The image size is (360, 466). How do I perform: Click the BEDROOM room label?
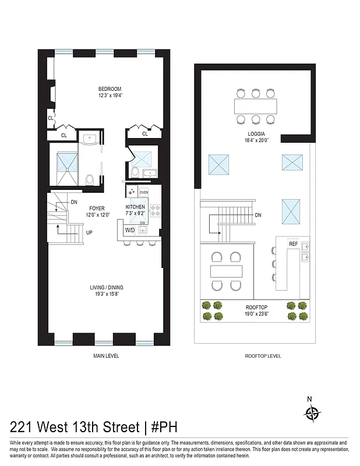[110, 89]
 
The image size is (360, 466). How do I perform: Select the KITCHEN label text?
[135, 207]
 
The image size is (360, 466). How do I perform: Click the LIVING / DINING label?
[106, 287]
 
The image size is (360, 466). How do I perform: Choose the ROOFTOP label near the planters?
[256, 308]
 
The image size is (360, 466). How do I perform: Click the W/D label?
[129, 230]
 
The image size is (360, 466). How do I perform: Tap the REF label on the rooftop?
[293, 243]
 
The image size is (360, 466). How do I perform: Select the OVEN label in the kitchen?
[143, 192]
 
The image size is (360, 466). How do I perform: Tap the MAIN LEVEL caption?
[106, 355]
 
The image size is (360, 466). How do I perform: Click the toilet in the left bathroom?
[89, 179]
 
